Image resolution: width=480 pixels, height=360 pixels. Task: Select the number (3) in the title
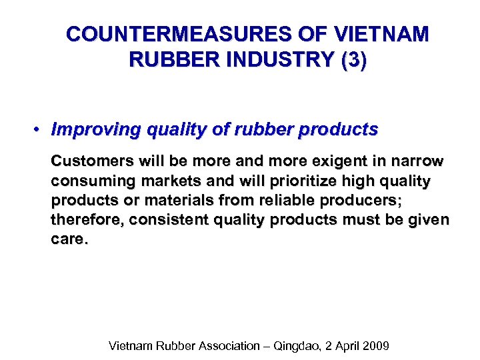pos(353,60)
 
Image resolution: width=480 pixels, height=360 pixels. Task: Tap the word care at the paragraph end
pos(68,239)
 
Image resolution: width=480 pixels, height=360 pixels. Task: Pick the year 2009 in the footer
pos(375,345)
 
